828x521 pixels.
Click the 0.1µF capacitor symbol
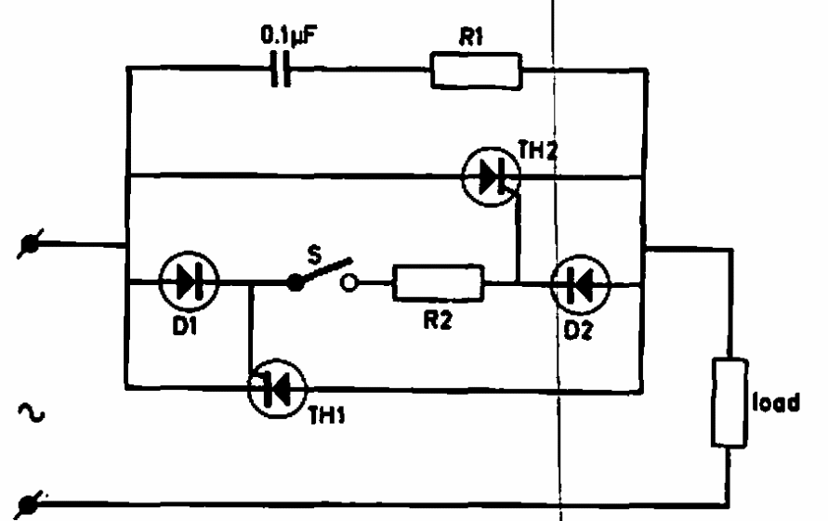(x=281, y=69)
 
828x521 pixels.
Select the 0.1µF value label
(x=289, y=35)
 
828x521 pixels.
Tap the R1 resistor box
(x=477, y=71)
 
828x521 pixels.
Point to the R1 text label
(x=470, y=37)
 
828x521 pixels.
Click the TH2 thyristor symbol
(x=491, y=176)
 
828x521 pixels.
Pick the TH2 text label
(x=538, y=150)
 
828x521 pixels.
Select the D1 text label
(x=184, y=326)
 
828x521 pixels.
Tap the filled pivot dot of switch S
(x=296, y=282)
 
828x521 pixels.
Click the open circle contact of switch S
(x=348, y=283)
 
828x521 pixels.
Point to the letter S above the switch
(x=314, y=254)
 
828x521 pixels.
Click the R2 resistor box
(x=439, y=283)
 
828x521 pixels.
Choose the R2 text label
(x=438, y=319)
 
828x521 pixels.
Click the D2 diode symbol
(x=580, y=285)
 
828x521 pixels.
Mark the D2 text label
(x=578, y=331)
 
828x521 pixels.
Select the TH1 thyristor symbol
(x=277, y=388)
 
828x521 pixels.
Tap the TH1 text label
(x=327, y=415)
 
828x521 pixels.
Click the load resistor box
(x=729, y=403)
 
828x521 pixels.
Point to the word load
(x=776, y=402)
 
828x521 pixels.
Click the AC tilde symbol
(x=32, y=412)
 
